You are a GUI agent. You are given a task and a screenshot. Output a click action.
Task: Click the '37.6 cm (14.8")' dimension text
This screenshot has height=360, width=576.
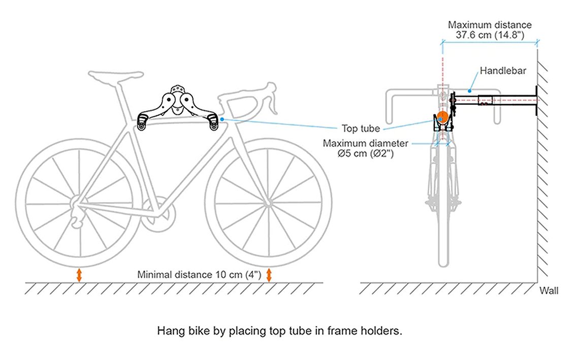pos(490,35)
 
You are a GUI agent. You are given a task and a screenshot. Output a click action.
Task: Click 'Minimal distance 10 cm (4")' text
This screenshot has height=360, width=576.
pos(199,275)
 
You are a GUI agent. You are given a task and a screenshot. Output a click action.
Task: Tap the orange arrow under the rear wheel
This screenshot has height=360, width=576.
pos(79,275)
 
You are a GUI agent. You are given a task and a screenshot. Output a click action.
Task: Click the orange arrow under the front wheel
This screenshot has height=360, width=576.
pos(269,275)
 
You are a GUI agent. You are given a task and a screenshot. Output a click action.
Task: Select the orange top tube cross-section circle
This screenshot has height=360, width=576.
pos(442,117)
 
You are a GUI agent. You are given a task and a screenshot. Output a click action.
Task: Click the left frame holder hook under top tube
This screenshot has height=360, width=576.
pos(143,122)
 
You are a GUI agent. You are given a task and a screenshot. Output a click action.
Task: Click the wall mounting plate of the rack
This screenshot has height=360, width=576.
pos(536,101)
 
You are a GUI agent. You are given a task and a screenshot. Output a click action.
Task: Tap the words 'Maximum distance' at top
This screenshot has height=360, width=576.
pos(490,25)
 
